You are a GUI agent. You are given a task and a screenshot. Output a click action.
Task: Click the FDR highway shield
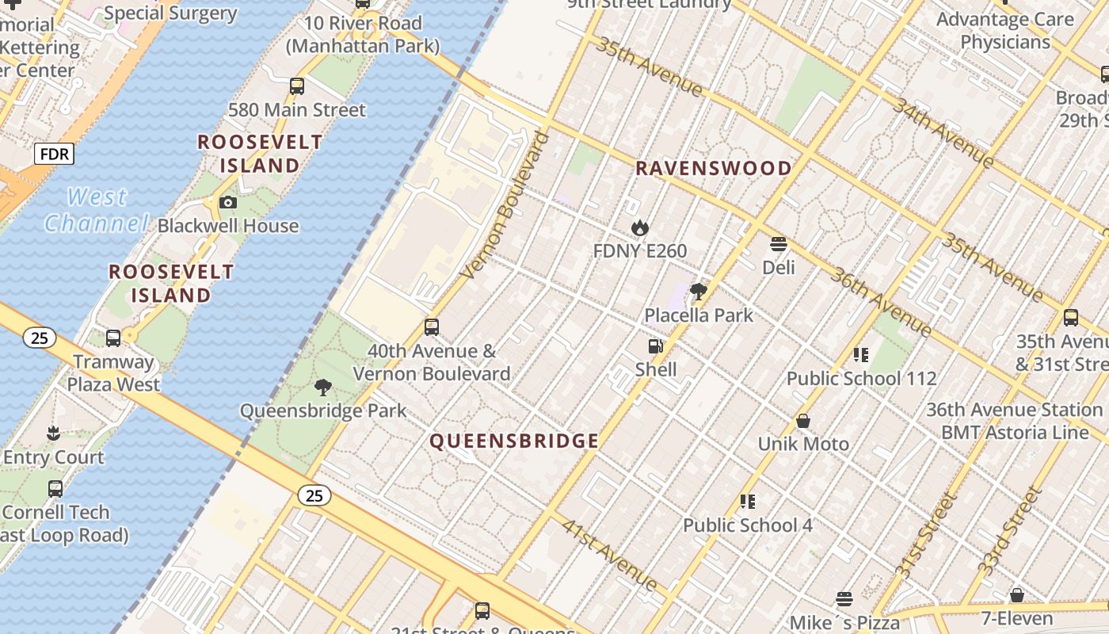pyautogui.click(x=54, y=154)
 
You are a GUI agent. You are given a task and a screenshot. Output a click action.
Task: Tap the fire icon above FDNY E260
pyautogui.click(x=640, y=228)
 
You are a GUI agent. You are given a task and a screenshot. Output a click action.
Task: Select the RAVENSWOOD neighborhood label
pyautogui.click(x=713, y=168)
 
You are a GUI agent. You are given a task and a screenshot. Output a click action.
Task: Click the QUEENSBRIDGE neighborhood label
pyautogui.click(x=514, y=441)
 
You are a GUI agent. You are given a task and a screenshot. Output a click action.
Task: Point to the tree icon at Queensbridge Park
pyautogui.click(x=322, y=388)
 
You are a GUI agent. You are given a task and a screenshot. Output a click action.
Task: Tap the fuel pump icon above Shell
pyautogui.click(x=655, y=346)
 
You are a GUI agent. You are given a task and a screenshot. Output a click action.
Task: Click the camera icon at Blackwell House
pyautogui.click(x=228, y=203)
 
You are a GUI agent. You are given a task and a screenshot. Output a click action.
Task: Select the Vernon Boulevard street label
pyautogui.click(x=505, y=206)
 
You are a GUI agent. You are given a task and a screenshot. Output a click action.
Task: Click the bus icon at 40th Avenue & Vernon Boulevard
pyautogui.click(x=432, y=327)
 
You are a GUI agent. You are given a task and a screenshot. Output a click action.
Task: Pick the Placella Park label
pyautogui.click(x=699, y=315)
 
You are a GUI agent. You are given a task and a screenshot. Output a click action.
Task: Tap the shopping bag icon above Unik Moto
pyautogui.click(x=803, y=421)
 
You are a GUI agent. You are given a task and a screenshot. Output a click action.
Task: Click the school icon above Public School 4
pyautogui.click(x=748, y=502)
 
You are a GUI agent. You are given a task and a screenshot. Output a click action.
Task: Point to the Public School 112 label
pyautogui.click(x=861, y=379)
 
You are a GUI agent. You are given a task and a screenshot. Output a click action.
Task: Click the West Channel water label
pyautogui.click(x=96, y=210)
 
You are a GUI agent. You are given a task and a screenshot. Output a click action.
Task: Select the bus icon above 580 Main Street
pyautogui.click(x=297, y=86)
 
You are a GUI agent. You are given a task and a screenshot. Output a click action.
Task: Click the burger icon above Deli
pyautogui.click(x=779, y=244)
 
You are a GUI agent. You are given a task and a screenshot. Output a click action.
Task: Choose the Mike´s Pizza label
pyautogui.click(x=844, y=622)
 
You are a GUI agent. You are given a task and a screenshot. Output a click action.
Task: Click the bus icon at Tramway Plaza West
pyautogui.click(x=113, y=338)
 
